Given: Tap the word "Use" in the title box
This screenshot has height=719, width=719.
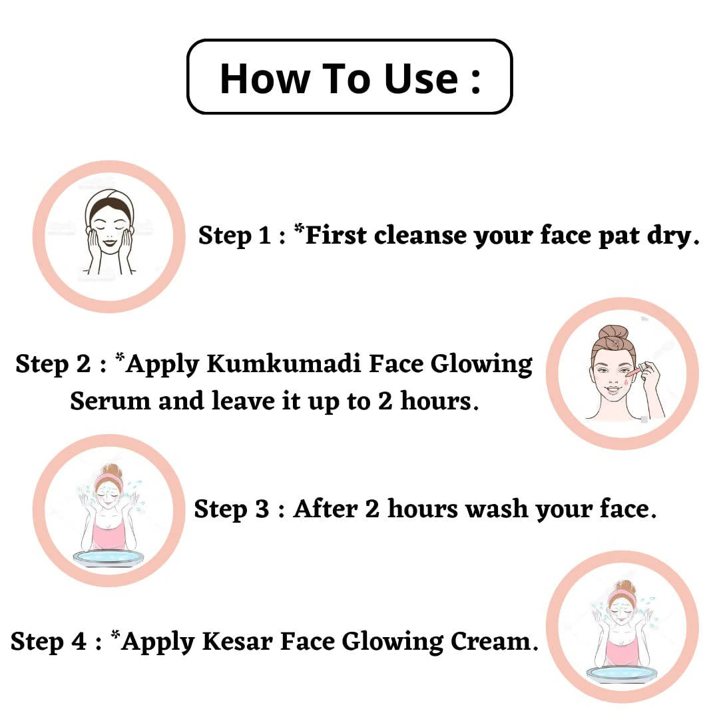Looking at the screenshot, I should pos(421,78).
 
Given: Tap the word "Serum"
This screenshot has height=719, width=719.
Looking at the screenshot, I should pos(110,401).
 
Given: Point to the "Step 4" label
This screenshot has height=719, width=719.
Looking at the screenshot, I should pos(49,641).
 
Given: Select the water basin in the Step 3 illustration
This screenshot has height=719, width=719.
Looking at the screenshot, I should pos(109,556).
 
